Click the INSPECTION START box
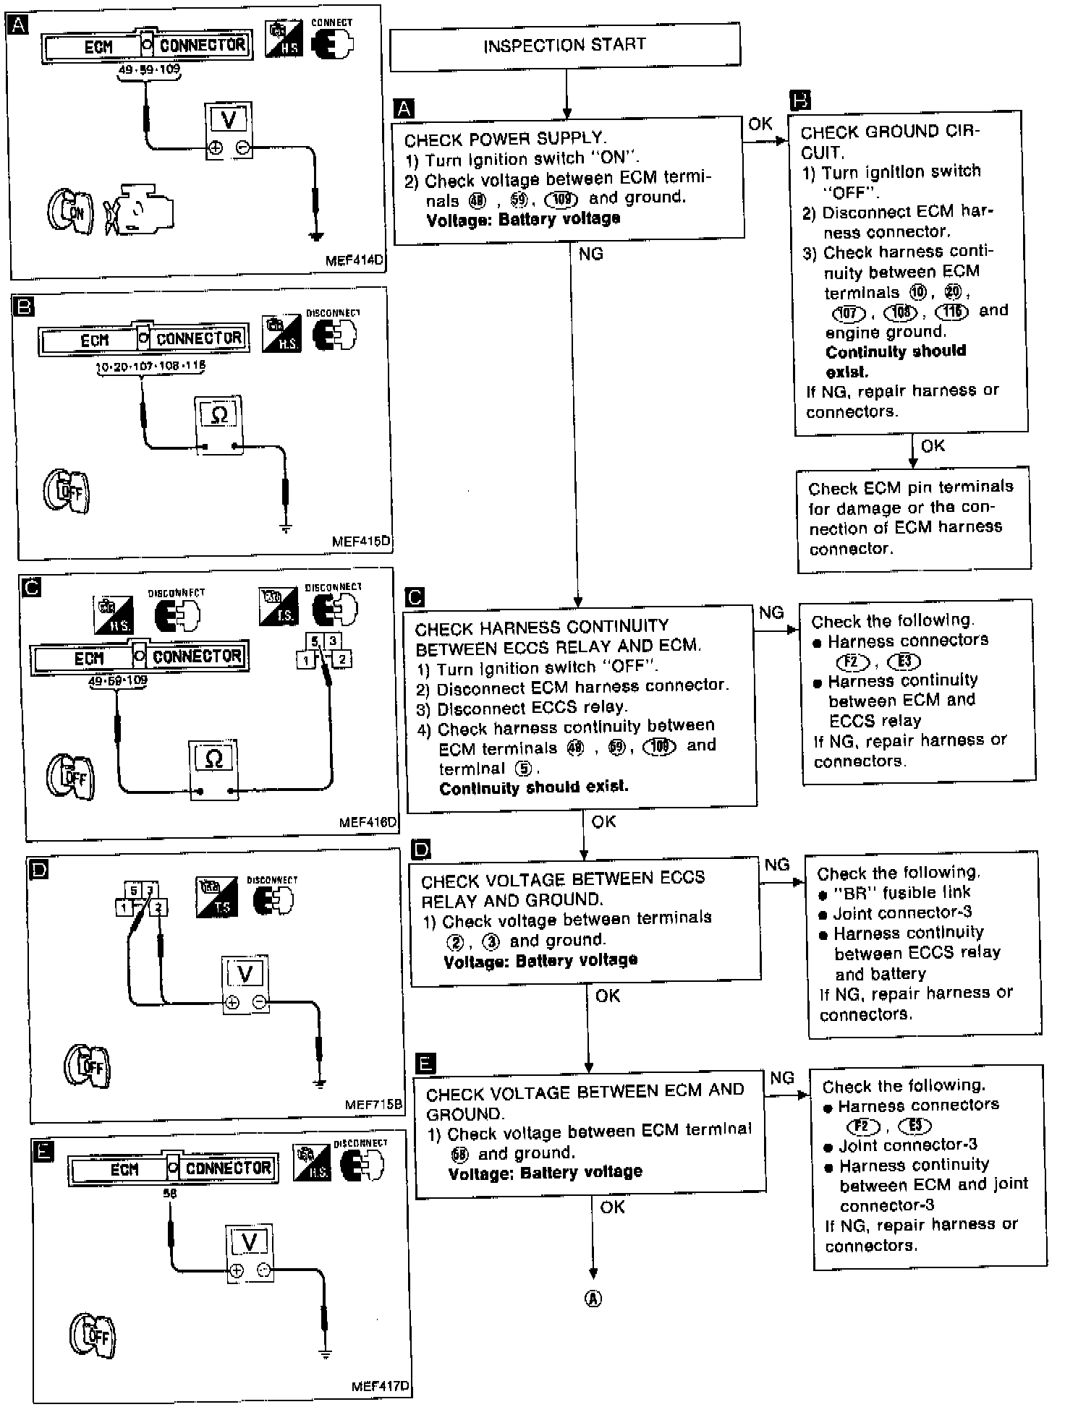coord(564,46)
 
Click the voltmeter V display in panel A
coord(229,119)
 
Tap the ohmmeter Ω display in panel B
coord(219,414)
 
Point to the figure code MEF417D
coord(379,1386)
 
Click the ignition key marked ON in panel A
coord(69,212)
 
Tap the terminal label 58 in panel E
coord(170,1194)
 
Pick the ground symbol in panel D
coord(319,1082)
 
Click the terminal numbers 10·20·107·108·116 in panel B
coord(150,367)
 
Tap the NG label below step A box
coord(591,254)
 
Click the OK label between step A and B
coord(760,124)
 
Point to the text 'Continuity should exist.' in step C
coord(533,787)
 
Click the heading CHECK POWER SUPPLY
coord(505,138)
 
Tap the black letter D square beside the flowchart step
coord(420,849)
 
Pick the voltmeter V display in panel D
coord(245,975)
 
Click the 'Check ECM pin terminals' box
coord(913,518)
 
